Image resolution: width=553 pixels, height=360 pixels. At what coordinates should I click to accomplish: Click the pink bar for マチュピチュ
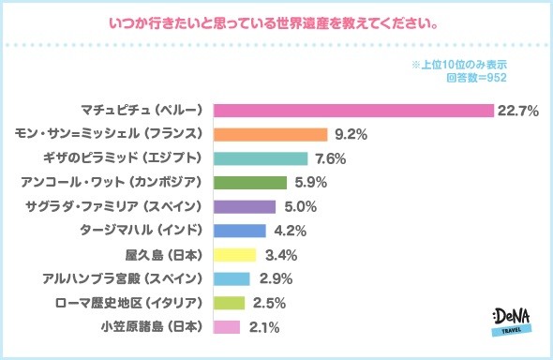(353, 111)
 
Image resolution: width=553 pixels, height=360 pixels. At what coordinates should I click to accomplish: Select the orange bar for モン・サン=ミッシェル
(271, 135)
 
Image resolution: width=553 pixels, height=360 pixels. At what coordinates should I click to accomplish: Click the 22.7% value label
(517, 111)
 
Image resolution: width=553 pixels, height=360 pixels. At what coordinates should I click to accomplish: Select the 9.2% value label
(351, 135)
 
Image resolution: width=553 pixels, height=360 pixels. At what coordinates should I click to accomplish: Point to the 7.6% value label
(331, 158)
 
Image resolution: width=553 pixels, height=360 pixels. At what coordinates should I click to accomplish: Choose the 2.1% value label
(263, 327)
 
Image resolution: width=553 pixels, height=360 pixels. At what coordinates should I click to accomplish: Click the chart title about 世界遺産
(276, 20)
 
